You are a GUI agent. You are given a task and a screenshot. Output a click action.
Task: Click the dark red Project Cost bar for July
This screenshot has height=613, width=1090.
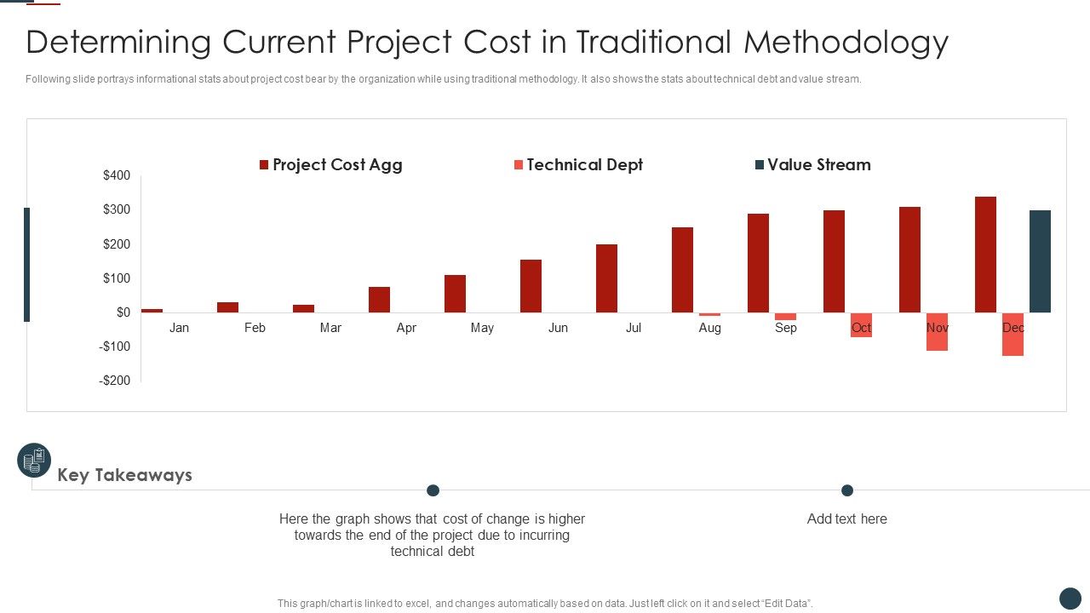606,278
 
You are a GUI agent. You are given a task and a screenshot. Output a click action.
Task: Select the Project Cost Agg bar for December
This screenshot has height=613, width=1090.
985,255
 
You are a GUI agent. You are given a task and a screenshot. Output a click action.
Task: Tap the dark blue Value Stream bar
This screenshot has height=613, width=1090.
1040,261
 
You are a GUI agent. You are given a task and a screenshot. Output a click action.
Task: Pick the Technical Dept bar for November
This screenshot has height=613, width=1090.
937,332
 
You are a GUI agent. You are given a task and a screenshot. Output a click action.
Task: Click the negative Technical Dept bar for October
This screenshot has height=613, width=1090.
861,325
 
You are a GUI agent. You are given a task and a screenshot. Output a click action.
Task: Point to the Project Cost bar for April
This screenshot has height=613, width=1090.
379,300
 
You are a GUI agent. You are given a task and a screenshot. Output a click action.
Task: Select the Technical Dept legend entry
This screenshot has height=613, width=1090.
578,165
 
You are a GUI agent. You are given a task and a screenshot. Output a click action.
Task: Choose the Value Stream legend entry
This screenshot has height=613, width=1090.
813,165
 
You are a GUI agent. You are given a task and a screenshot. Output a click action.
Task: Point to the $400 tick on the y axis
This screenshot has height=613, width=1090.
117,175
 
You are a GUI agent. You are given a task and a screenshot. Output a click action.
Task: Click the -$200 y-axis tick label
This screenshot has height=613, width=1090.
115,381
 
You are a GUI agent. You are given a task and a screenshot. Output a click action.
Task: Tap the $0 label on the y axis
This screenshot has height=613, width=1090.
123,312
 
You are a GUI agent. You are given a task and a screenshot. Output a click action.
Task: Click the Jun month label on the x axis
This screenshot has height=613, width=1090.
558,328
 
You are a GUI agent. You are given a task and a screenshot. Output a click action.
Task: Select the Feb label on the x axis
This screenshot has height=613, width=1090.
255,328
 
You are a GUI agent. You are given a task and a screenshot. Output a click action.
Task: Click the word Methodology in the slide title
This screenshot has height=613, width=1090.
846,42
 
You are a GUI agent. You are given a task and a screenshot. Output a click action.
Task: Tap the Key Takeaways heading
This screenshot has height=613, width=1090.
124,475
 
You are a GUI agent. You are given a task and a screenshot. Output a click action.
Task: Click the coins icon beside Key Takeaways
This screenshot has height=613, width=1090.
34,461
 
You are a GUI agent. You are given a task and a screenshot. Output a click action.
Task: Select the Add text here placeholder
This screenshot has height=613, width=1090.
846,519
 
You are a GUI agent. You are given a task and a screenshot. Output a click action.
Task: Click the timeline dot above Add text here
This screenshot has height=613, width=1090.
846,490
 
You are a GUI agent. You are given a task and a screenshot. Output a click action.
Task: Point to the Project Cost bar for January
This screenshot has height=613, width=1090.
152,311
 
